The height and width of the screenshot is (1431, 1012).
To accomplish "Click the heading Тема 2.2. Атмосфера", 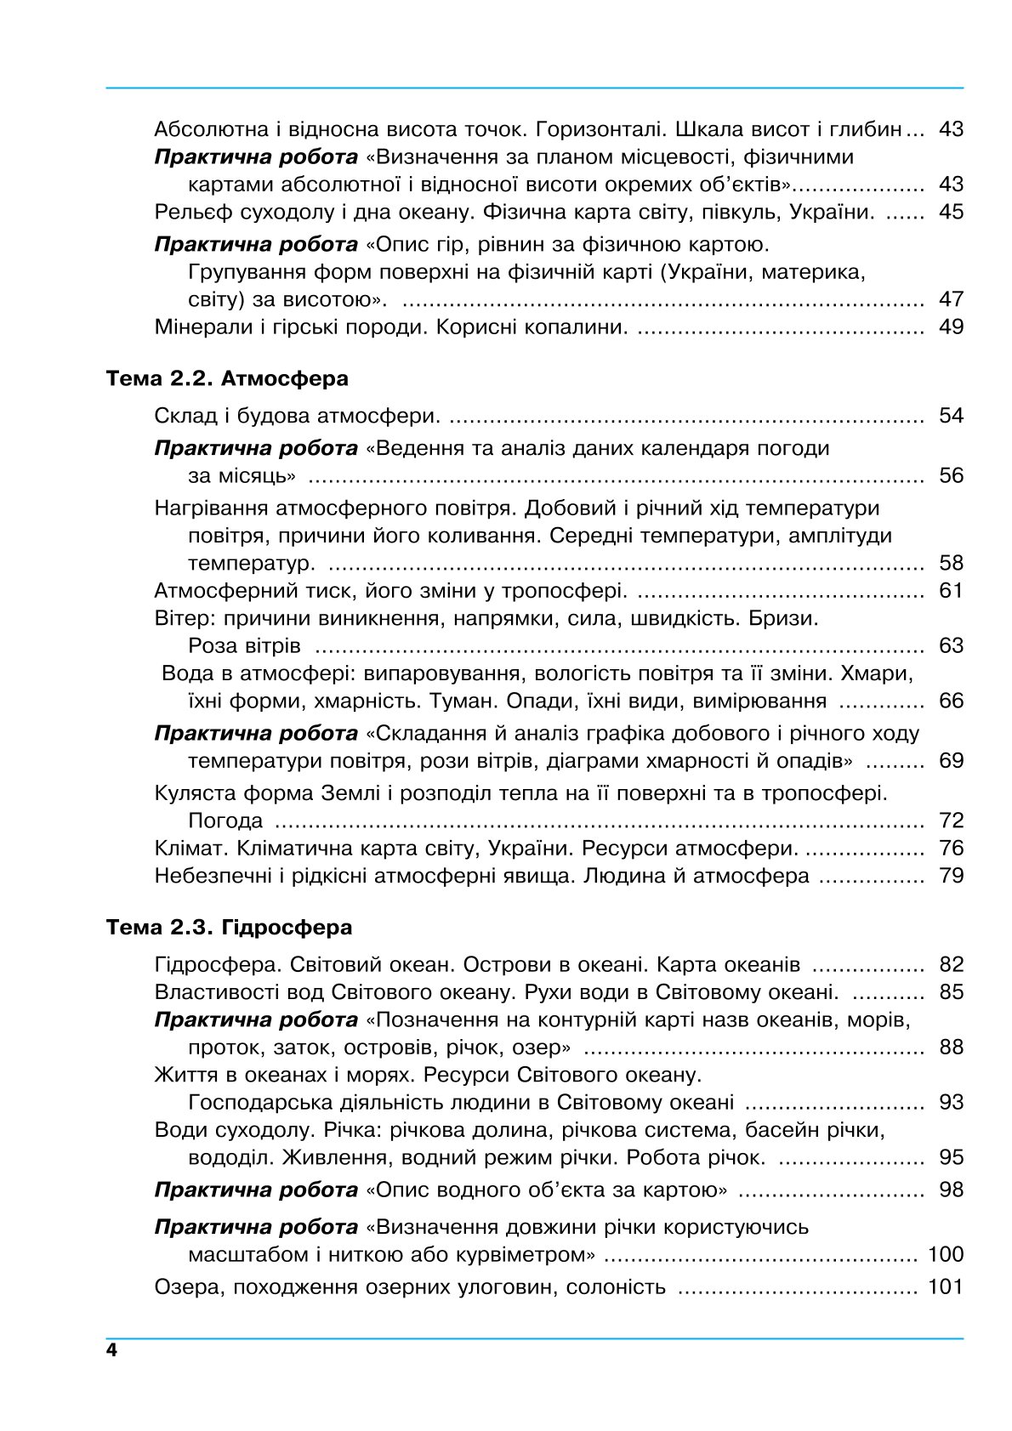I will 227,378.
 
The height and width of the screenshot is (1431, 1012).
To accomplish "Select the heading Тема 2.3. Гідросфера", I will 229,927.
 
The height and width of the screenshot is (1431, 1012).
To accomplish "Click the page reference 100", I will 946,1254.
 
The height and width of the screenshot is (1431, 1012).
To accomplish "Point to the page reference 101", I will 946,1286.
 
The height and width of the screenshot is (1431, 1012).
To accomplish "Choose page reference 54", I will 951,416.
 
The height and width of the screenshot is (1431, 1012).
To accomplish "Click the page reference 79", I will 951,875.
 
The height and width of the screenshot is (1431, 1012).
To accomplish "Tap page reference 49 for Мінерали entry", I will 951,327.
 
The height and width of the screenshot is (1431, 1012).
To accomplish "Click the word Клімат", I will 191,848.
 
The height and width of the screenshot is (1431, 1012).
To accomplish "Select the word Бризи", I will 783,618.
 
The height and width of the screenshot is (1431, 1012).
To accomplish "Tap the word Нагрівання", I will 213,508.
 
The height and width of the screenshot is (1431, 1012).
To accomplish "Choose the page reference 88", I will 951,1047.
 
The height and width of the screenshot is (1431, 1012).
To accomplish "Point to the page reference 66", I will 951,701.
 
